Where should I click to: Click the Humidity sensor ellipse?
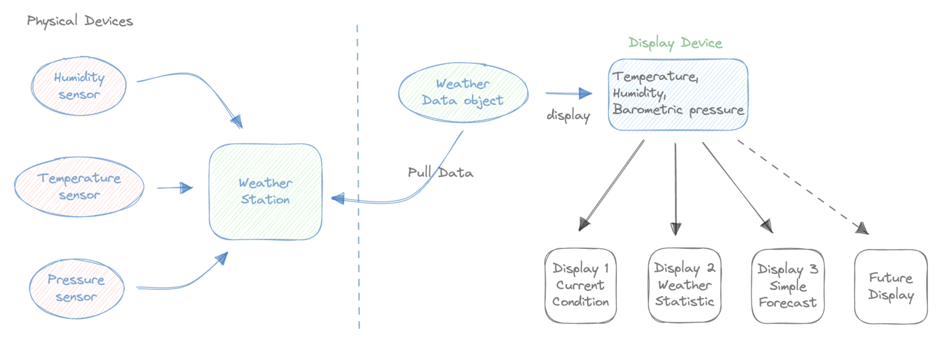(x=79, y=87)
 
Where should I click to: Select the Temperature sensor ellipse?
(x=79, y=186)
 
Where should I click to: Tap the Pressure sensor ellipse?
(x=76, y=289)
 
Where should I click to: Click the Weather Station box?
(x=265, y=192)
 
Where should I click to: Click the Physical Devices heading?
(x=80, y=22)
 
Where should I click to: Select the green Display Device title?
(x=675, y=43)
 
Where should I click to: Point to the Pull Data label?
(x=441, y=173)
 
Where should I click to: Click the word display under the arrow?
(x=568, y=115)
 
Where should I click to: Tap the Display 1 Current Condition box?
(x=580, y=286)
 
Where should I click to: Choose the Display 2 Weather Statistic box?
(x=684, y=286)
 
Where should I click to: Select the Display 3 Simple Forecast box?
(x=787, y=286)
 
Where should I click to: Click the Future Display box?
(x=891, y=286)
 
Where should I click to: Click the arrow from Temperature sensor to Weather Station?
(x=175, y=188)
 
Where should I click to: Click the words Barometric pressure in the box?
(x=678, y=111)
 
